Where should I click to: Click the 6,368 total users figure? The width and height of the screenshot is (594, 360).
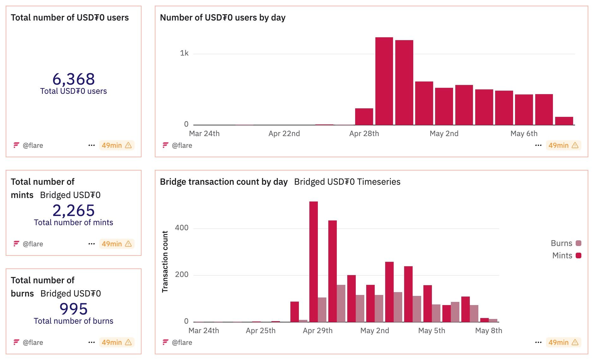pyautogui.click(x=74, y=79)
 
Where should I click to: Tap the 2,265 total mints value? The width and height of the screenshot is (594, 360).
pyautogui.click(x=74, y=210)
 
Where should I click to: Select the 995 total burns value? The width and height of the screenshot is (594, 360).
pyautogui.click(x=74, y=309)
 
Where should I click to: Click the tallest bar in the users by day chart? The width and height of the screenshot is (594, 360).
pyautogui.click(x=384, y=81)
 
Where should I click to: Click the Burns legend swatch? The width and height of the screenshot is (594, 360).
pyautogui.click(x=579, y=243)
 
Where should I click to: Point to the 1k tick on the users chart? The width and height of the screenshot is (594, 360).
pyautogui.click(x=184, y=53)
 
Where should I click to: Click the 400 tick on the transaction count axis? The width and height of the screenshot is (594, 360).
pyautogui.click(x=182, y=228)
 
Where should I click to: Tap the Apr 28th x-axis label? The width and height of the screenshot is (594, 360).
pyautogui.click(x=364, y=134)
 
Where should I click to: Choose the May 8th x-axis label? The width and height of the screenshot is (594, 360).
pyautogui.click(x=488, y=331)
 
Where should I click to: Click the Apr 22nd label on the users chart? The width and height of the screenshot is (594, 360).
pyautogui.click(x=284, y=134)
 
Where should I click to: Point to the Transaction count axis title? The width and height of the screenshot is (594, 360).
pyautogui.click(x=165, y=261)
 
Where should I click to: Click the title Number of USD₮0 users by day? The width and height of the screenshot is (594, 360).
pyautogui.click(x=222, y=18)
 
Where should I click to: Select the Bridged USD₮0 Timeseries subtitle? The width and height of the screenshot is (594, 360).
pyautogui.click(x=347, y=182)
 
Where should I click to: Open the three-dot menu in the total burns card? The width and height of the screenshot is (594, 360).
pyautogui.click(x=92, y=342)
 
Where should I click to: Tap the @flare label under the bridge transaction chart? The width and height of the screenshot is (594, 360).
pyautogui.click(x=182, y=342)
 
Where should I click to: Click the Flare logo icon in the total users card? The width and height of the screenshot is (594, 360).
pyautogui.click(x=16, y=145)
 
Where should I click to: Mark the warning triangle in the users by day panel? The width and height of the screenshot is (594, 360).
pyautogui.click(x=575, y=145)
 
